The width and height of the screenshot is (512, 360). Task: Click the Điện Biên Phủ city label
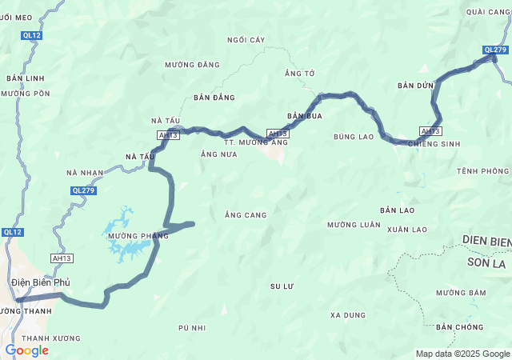click(x=41, y=282)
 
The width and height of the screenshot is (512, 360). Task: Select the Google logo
click(x=26, y=350)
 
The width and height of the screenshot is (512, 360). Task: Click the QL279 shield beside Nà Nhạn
click(x=83, y=190)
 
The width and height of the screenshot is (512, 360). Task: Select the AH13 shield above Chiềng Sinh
click(x=430, y=131)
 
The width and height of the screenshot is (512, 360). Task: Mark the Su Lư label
click(x=282, y=286)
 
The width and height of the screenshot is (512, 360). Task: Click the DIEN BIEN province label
click(x=486, y=241)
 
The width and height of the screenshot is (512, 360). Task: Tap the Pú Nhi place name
click(x=193, y=328)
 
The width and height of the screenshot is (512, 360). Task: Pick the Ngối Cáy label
click(x=246, y=39)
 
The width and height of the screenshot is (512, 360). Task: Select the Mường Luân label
click(x=354, y=225)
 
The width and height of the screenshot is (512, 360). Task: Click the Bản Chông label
click(x=460, y=327)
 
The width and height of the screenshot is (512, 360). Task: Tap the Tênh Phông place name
click(x=483, y=171)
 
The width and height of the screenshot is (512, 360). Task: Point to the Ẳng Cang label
click(x=246, y=215)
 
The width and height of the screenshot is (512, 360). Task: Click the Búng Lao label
click(x=354, y=137)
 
